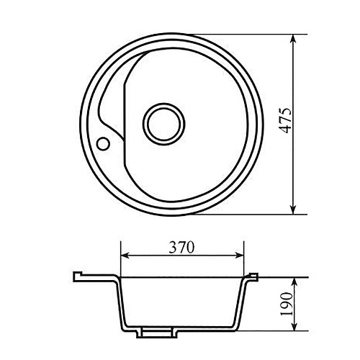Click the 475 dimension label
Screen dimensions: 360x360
286,121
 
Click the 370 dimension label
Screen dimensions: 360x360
181,248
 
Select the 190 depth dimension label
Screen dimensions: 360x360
287,304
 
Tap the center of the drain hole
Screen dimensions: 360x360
164,125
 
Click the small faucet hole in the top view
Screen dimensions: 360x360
103,143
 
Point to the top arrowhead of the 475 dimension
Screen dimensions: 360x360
293,39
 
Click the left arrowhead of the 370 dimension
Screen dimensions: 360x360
125,256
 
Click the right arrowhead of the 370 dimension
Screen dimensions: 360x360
239,256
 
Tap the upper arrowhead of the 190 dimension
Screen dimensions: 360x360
295,282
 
